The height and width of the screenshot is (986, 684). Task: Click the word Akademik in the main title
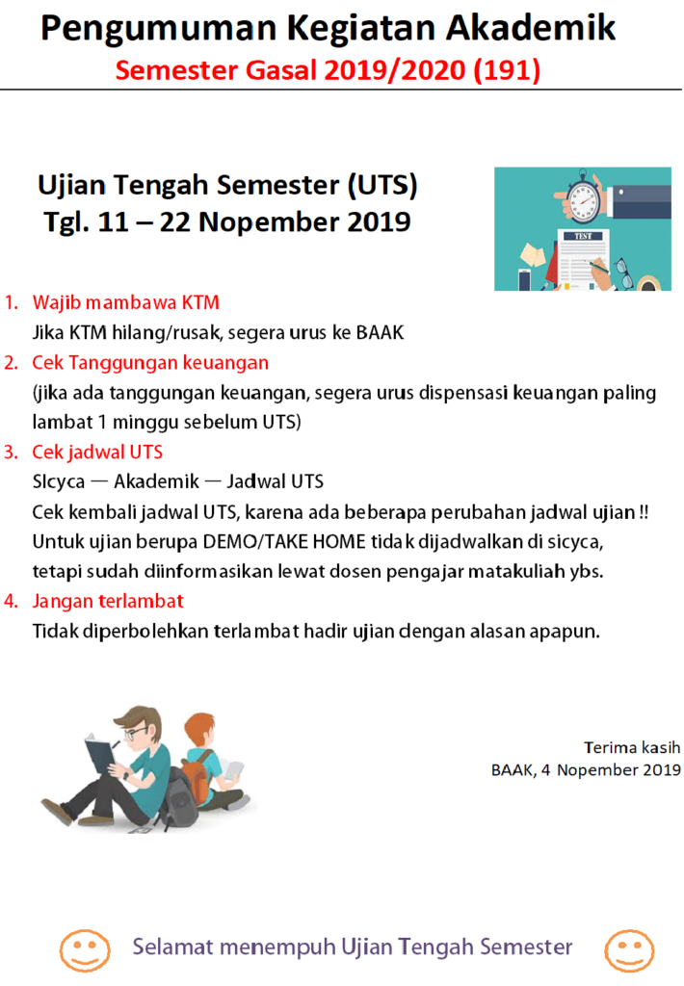pyautogui.click(x=531, y=28)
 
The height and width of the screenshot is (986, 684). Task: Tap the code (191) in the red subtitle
pyautogui.click(x=507, y=69)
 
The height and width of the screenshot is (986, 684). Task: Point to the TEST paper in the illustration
pyautogui.click(x=582, y=259)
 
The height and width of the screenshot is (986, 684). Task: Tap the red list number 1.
pyautogui.click(x=11, y=302)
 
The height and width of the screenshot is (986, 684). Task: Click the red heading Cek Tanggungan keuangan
pyautogui.click(x=150, y=363)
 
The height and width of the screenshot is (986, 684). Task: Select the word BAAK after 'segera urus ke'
pyautogui.click(x=380, y=332)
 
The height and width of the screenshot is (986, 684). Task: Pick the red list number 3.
pyautogui.click(x=11, y=453)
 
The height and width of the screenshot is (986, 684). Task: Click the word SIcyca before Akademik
pyautogui.click(x=59, y=482)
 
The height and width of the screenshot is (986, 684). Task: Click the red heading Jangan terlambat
pyautogui.click(x=108, y=601)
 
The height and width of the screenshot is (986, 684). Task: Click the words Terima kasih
pyautogui.click(x=632, y=747)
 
